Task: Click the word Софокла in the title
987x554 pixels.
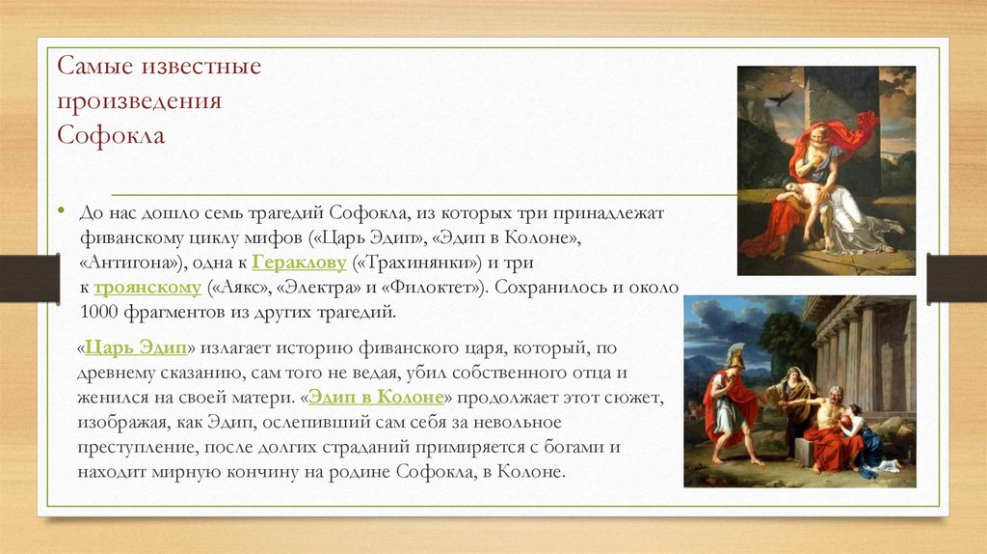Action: point(111,135)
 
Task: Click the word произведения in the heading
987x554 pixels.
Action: point(139,100)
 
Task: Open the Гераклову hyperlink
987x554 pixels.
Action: point(299,263)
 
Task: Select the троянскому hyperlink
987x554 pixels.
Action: point(147,288)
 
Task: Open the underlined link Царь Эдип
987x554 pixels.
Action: point(136,347)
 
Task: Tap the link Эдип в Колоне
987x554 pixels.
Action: point(377,397)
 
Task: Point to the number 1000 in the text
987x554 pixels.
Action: point(99,312)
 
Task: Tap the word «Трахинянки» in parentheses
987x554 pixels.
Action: point(416,263)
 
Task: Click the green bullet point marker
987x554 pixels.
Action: point(61,210)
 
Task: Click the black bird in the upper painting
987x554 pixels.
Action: point(780,97)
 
